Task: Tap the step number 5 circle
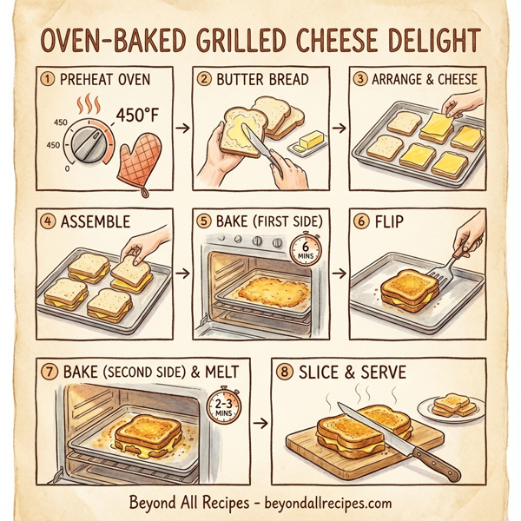pos(204,221)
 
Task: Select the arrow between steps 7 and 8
pos(258,423)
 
